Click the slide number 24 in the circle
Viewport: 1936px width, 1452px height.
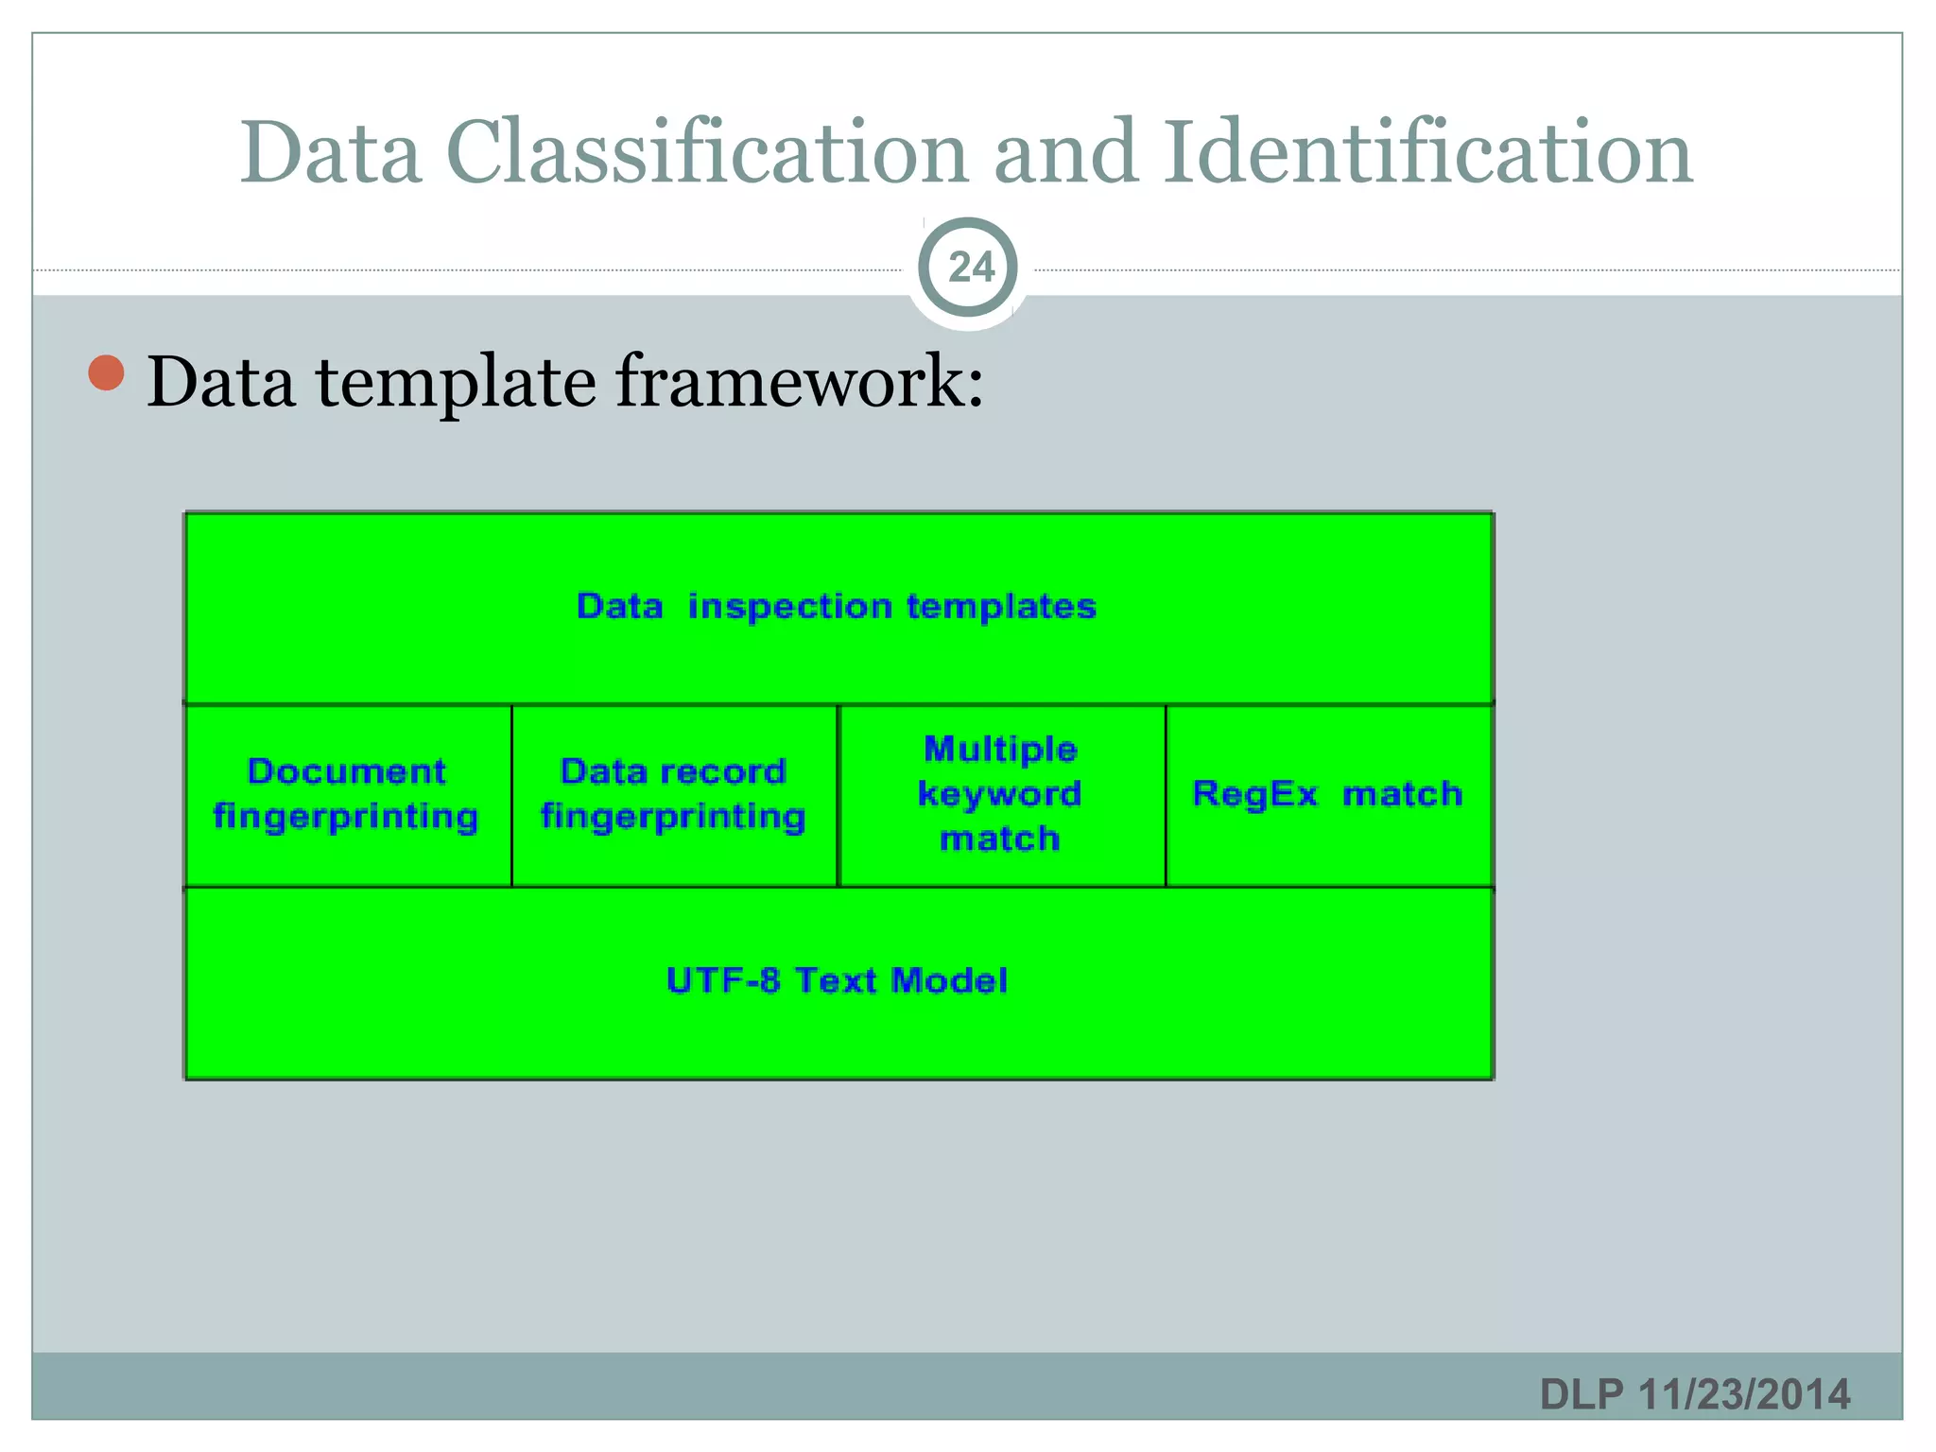coord(971,268)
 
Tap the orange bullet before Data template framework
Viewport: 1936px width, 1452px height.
coord(107,373)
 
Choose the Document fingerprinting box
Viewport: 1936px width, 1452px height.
coord(347,794)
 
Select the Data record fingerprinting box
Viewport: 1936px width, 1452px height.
coord(673,794)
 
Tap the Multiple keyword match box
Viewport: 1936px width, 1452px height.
coord(1000,794)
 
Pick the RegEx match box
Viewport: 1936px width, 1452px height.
coord(1327,794)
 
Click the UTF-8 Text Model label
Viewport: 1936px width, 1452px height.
coord(837,980)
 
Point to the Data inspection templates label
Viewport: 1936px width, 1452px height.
coord(837,606)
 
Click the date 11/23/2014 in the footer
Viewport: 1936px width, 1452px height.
coord(1744,1394)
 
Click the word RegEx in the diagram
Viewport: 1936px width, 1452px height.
coord(1254,794)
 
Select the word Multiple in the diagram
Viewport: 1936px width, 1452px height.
coord(1000,749)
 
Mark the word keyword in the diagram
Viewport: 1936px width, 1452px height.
coord(999,794)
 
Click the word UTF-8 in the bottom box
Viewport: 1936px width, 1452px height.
coord(723,980)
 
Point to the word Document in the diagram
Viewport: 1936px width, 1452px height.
coord(347,771)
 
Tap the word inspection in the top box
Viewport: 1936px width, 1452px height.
coord(789,606)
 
